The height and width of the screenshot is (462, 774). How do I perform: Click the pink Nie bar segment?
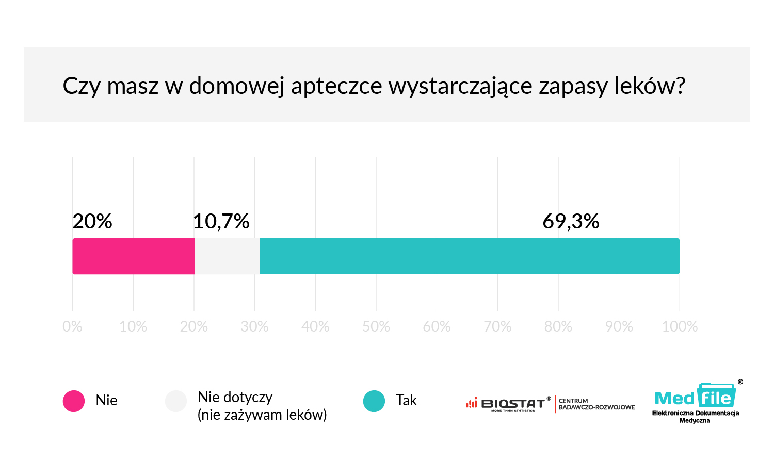(134, 256)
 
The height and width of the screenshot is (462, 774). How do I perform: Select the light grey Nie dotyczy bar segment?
(227, 256)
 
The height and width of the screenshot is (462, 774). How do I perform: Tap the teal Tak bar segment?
(470, 256)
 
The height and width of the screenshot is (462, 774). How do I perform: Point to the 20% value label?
(92, 222)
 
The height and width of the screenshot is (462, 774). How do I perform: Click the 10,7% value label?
(221, 222)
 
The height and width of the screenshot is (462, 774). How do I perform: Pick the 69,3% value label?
(571, 222)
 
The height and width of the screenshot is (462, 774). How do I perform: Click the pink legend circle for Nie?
(74, 401)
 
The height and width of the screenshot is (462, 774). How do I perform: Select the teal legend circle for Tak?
(374, 401)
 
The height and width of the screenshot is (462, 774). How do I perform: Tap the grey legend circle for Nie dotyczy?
(176, 401)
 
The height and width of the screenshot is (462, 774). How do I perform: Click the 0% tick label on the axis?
(72, 326)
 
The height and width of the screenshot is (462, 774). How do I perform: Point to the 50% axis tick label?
(376, 326)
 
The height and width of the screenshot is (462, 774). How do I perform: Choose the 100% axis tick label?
(680, 326)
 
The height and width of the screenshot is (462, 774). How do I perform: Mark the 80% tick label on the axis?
(558, 326)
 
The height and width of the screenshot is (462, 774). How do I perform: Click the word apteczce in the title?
(336, 86)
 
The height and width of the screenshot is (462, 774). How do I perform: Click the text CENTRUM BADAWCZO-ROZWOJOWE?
(596, 404)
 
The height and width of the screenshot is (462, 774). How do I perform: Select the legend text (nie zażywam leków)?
(262, 415)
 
